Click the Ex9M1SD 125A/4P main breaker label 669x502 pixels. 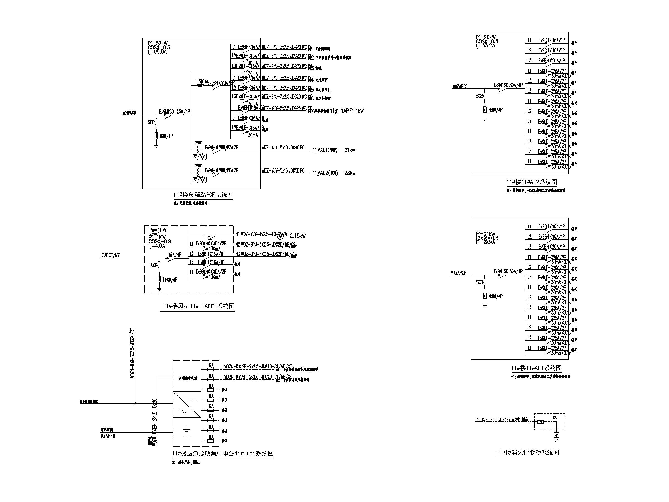(174, 112)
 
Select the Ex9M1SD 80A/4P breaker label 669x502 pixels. (508, 85)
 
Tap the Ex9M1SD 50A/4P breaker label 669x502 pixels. (508, 271)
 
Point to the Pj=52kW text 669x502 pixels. (157, 43)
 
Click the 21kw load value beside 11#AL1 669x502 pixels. (349, 150)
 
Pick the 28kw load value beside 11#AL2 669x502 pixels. (349, 173)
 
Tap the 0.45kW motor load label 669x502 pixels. (298, 236)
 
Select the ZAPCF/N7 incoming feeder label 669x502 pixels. (111, 255)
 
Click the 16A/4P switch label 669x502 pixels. (175, 255)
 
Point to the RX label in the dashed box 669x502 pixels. (555, 417)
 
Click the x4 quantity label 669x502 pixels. (556, 440)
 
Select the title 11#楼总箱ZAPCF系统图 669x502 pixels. (203, 195)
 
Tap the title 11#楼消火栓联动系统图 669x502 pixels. (527, 453)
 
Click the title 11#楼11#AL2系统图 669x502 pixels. (531, 182)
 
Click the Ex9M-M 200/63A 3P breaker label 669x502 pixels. (221, 148)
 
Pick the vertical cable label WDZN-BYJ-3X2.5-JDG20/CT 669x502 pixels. (132, 353)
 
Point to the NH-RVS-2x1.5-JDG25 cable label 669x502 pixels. (502, 420)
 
